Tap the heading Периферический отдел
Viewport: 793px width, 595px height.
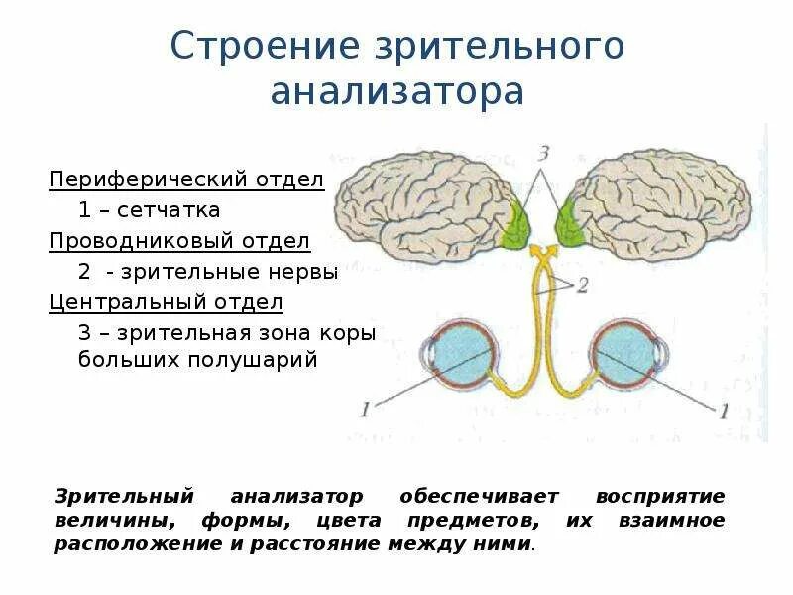tap(187, 180)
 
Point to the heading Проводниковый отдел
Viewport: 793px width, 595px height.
tap(180, 241)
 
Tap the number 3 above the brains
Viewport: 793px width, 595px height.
tap(542, 153)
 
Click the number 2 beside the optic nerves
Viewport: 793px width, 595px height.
tap(582, 285)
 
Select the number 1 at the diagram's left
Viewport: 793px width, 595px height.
tap(365, 407)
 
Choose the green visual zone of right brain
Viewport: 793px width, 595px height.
tap(571, 222)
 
